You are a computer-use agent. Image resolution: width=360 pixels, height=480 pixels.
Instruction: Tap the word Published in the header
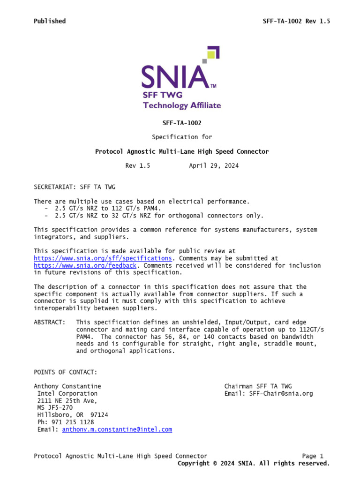(x=50, y=21)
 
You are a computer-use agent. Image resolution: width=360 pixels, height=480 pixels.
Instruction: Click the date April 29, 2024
(x=214, y=166)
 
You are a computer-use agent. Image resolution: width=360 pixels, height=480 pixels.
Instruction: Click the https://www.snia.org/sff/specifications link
(x=103, y=258)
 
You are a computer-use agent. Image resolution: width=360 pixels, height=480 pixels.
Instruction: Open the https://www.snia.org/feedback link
(x=85, y=265)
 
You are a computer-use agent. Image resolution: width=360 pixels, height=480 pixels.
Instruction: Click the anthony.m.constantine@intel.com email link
(x=117, y=429)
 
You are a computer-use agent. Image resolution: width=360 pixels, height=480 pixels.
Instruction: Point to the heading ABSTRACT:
(x=50, y=322)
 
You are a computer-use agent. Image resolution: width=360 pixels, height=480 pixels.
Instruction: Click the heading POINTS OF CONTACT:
(x=66, y=372)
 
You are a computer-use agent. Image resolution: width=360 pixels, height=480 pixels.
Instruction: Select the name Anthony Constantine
(x=67, y=386)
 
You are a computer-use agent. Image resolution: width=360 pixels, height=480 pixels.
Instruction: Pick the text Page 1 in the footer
(x=313, y=456)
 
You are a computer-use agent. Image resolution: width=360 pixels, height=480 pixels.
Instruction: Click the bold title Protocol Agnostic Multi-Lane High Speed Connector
(x=182, y=151)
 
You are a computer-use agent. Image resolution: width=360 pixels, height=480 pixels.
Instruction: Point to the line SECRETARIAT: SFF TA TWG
(x=75, y=187)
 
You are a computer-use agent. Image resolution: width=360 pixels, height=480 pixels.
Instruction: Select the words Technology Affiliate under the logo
(x=181, y=105)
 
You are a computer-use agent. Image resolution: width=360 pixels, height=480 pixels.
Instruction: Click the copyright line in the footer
(x=254, y=463)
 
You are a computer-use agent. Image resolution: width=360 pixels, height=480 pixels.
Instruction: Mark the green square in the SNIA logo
(x=211, y=54)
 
